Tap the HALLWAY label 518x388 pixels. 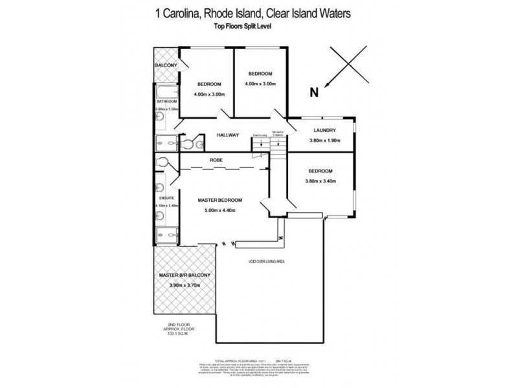227,135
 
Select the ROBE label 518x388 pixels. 216,160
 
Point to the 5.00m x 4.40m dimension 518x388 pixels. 221,210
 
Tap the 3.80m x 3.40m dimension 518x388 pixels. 321,181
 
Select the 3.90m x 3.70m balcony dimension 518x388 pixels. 185,285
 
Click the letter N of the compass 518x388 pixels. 315,92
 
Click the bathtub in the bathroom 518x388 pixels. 166,91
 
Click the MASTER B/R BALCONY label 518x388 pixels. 185,275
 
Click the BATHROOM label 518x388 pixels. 166,102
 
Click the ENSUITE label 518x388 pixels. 162,197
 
